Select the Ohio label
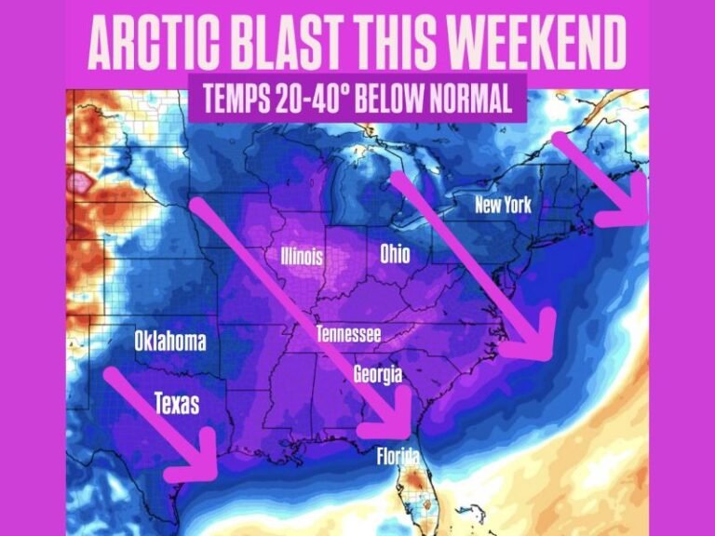click(x=395, y=253)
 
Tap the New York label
click(x=503, y=204)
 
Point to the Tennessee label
click(x=348, y=334)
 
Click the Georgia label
click(x=377, y=374)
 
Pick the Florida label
click(x=398, y=457)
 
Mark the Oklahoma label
click(x=169, y=341)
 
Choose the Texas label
click(x=176, y=404)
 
